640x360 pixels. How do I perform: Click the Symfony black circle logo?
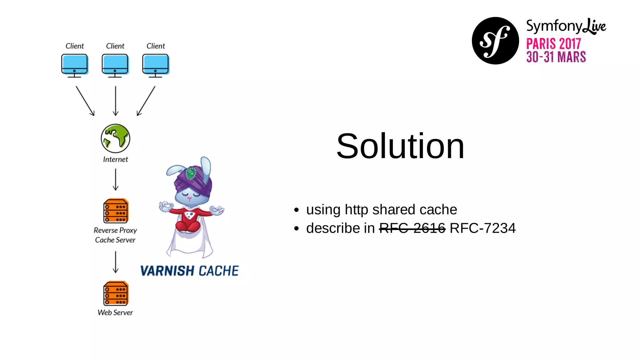point(495,41)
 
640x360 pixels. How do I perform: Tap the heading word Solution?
point(400,146)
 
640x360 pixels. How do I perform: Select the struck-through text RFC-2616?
point(412,228)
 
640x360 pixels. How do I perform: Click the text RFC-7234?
point(482,228)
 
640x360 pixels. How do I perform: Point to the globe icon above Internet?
point(115,138)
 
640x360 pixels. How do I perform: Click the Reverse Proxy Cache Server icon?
point(116,211)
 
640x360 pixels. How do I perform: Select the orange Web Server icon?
point(116,293)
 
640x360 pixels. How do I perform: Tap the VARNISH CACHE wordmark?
point(189,271)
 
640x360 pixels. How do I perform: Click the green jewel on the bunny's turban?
point(190,173)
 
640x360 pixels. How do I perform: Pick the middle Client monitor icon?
point(115,65)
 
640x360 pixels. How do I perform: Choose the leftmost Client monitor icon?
point(74,65)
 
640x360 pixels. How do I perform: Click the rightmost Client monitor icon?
point(156,65)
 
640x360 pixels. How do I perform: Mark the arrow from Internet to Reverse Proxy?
point(116,180)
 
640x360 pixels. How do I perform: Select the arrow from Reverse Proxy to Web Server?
point(116,262)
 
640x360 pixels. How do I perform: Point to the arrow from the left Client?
point(85,101)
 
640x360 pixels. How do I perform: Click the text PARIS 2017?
point(553,44)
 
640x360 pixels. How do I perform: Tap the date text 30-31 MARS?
point(556,57)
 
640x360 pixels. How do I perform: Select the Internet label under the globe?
point(115,159)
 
